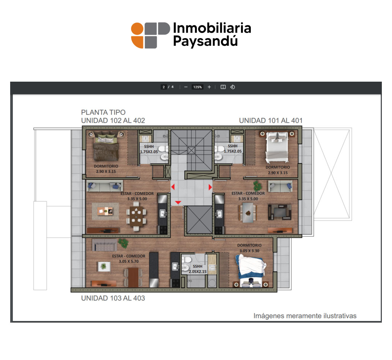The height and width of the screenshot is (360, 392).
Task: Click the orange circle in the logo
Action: pyautogui.click(x=137, y=29)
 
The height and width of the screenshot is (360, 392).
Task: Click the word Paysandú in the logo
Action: pyautogui.click(x=205, y=41)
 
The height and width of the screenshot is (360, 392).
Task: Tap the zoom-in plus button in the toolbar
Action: pyautogui.click(x=209, y=87)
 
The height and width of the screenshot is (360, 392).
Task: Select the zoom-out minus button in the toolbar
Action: pyautogui.click(x=186, y=87)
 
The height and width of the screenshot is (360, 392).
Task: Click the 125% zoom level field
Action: pyautogui.click(x=197, y=87)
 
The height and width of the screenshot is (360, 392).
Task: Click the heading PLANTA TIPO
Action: pyautogui.click(x=103, y=112)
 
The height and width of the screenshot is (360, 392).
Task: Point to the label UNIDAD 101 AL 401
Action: pyautogui.click(x=271, y=120)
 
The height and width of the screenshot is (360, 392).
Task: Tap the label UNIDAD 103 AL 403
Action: pyautogui.click(x=113, y=298)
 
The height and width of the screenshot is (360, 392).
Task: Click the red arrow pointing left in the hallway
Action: pyautogui.click(x=173, y=187)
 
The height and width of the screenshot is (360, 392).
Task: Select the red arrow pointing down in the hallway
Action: pyautogui.click(x=178, y=202)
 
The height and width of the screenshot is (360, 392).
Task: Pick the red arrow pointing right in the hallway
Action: pyautogui.click(x=210, y=187)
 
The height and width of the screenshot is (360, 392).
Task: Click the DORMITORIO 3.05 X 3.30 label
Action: pyautogui.click(x=249, y=248)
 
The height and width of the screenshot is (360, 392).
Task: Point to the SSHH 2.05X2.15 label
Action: pyautogui.click(x=197, y=269)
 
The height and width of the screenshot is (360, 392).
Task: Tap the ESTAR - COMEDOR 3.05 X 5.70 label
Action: pyautogui.click(x=128, y=258)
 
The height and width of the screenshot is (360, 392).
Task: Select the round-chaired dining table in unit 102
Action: pyautogui.click(x=136, y=216)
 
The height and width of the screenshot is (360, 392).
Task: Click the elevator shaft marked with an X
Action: pyautogui.click(x=200, y=220)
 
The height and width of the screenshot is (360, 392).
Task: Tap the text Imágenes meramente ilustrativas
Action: pyautogui.click(x=305, y=316)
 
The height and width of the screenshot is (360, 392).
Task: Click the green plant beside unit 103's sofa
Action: pyautogui.click(x=123, y=243)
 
